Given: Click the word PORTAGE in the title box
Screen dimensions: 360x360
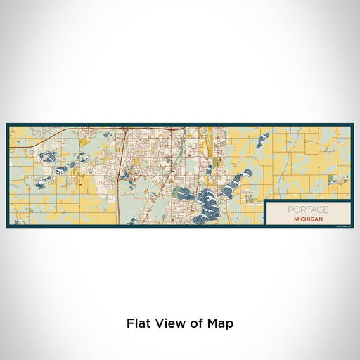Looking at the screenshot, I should pyautogui.click(x=307, y=210).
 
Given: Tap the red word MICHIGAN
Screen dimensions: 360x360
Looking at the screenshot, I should pyautogui.click(x=307, y=219).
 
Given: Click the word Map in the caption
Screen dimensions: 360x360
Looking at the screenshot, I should pyautogui.click(x=220, y=323).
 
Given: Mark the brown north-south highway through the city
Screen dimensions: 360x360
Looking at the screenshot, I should pyautogui.click(x=119, y=176).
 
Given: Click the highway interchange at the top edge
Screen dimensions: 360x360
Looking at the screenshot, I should pyautogui.click(x=124, y=129).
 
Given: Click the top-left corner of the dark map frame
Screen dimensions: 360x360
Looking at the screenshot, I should pyautogui.click(x=8, y=125).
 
